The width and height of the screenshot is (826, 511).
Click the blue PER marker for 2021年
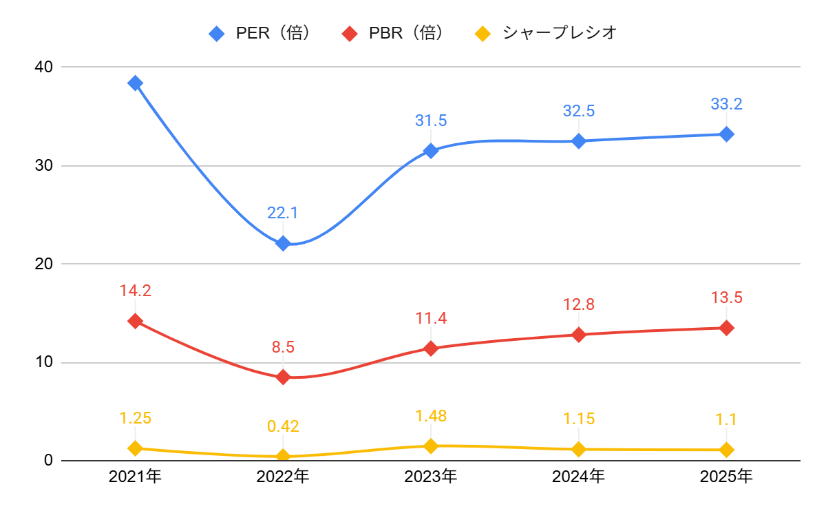(x=135, y=83)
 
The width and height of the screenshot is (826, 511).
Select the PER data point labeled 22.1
(x=283, y=243)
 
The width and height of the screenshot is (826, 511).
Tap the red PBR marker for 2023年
(x=431, y=348)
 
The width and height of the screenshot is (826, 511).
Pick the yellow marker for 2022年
(x=283, y=456)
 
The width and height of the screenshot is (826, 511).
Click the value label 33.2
(x=726, y=105)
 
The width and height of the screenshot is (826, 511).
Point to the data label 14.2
(x=135, y=291)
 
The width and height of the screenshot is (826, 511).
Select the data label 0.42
(x=283, y=426)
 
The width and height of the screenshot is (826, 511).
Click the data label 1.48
(x=431, y=416)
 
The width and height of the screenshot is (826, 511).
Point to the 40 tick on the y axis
(x=45, y=67)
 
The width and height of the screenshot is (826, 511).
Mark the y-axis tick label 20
(x=45, y=264)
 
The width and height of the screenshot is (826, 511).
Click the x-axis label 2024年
(x=578, y=476)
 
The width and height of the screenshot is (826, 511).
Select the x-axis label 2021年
(x=135, y=476)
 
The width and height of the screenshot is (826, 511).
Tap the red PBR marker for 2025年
(x=726, y=328)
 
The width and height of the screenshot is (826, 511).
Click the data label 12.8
(x=578, y=304)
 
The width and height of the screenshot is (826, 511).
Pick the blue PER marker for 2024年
(x=578, y=141)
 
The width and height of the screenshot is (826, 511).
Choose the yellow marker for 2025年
(x=726, y=450)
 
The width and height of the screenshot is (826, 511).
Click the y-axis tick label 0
(x=49, y=460)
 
